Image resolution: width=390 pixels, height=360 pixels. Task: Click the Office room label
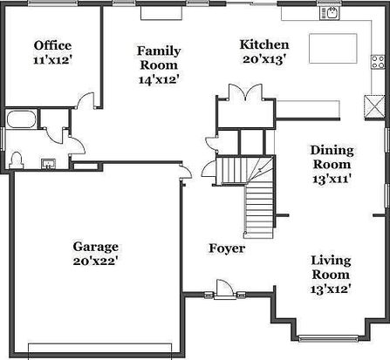pyautogui.click(x=52, y=45)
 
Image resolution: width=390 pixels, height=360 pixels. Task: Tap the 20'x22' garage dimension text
pyautogui.click(x=95, y=262)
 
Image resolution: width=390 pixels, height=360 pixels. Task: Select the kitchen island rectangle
pyautogui.click(x=333, y=49)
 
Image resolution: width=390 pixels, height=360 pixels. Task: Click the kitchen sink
pyautogui.click(x=330, y=14)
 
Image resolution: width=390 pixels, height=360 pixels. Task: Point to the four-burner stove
pyautogui.click(x=378, y=62)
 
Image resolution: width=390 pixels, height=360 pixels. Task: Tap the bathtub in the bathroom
pyautogui.click(x=21, y=119)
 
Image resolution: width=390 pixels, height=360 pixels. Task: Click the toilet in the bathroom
pyautogui.click(x=17, y=160)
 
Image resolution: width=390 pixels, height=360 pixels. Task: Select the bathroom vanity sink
pyautogui.click(x=49, y=164)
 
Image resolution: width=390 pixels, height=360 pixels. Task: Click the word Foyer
pyautogui.click(x=227, y=248)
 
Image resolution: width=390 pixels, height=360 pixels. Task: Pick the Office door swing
pyautogui.click(x=86, y=100)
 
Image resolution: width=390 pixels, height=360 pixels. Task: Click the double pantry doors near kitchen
pyautogui.click(x=246, y=92)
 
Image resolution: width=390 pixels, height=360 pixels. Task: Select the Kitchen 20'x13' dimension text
pyautogui.click(x=263, y=59)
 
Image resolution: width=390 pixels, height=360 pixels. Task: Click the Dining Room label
pyautogui.click(x=332, y=157)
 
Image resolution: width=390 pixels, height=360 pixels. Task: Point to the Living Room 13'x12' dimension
pyautogui.click(x=330, y=289)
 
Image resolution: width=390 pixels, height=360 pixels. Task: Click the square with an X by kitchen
pyautogui.click(x=373, y=107)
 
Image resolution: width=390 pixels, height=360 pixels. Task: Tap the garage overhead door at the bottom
pyautogui.click(x=100, y=349)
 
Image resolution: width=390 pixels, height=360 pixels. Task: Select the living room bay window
pyautogui.click(x=329, y=338)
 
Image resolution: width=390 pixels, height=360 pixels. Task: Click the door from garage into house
pyautogui.click(x=186, y=172)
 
